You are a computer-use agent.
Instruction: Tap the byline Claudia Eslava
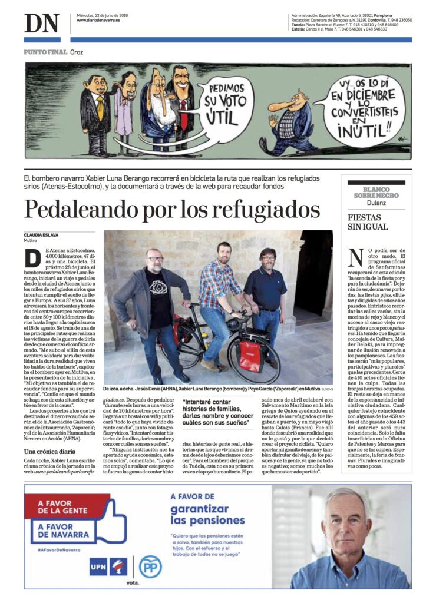41,235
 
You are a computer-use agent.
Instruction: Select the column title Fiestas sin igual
368,222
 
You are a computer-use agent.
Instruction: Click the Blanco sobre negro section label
375,191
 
